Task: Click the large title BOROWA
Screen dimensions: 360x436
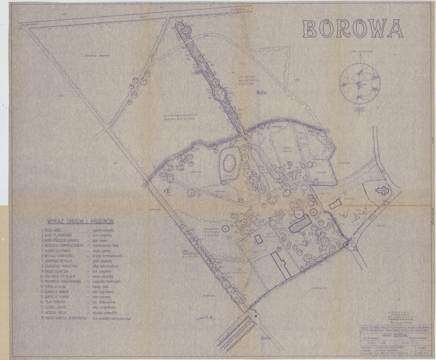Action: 353,28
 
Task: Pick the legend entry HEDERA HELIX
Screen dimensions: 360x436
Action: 55,312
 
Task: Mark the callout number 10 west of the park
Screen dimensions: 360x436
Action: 168,190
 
